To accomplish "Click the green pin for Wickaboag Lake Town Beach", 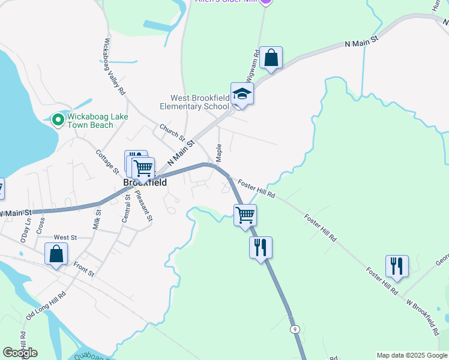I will click(x=58, y=120).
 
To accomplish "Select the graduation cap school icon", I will click(x=242, y=94).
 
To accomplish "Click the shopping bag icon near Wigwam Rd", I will click(x=271, y=59).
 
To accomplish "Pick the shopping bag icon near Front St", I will click(x=56, y=254).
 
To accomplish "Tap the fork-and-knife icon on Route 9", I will click(x=261, y=247).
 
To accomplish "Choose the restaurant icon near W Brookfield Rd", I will click(x=397, y=266).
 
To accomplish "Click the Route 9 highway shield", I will click(x=295, y=329).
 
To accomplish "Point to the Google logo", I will click(x=20, y=352).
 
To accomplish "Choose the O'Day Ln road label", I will click(x=26, y=226).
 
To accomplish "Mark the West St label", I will click(x=65, y=238).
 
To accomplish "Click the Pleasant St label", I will click(x=143, y=205).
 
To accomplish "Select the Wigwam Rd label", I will click(x=253, y=65).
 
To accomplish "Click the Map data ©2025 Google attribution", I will click(x=412, y=355).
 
